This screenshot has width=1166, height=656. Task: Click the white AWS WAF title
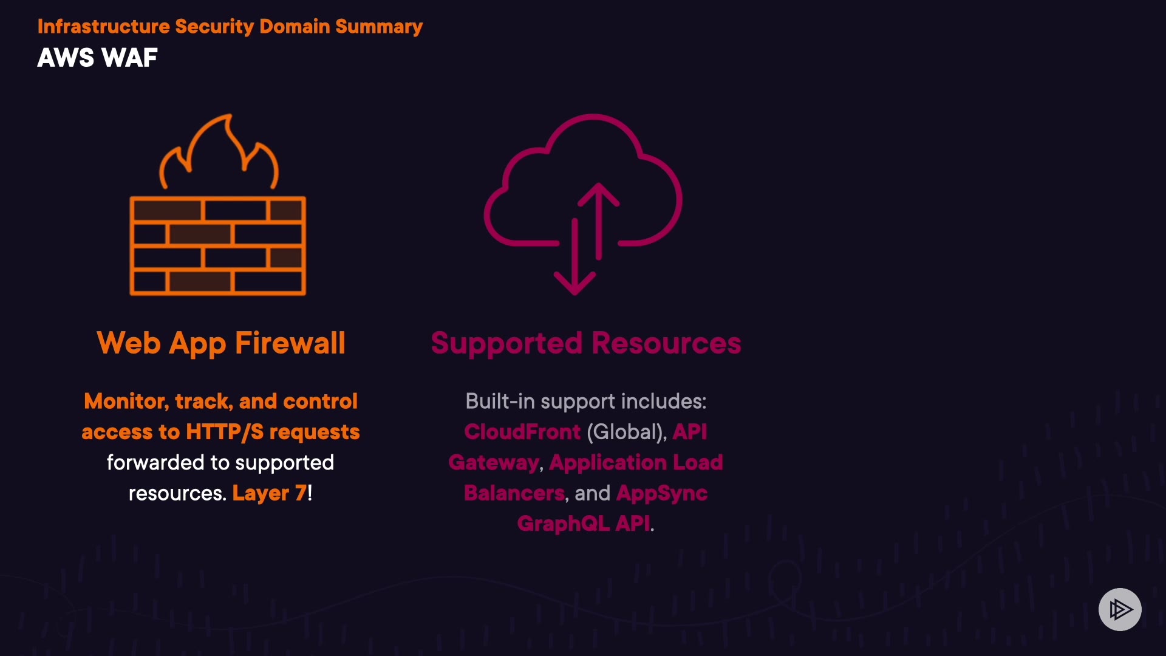[x=97, y=58]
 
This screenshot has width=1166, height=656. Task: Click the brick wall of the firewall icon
[x=217, y=246]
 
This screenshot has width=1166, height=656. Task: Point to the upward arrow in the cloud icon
[x=599, y=219]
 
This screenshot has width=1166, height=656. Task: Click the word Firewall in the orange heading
[x=290, y=343]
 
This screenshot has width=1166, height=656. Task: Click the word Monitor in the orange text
[x=126, y=401]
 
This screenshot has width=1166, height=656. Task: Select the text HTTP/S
[x=225, y=432]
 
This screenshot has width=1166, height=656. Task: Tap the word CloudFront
[x=522, y=432]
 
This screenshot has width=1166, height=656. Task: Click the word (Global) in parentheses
[x=626, y=432]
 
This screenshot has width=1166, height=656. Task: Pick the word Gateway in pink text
[x=494, y=463]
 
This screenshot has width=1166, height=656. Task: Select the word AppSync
[x=661, y=493]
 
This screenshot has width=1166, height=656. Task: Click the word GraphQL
[x=563, y=524]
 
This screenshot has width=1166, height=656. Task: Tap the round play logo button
[x=1120, y=609]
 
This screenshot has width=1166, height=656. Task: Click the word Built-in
[x=500, y=401]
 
